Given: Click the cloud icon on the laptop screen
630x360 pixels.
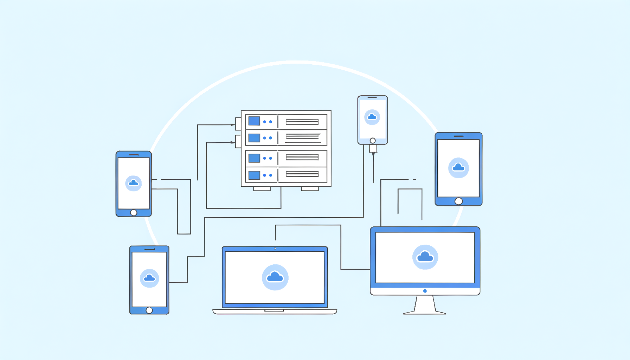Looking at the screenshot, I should tap(275, 277).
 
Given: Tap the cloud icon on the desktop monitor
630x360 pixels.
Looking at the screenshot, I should tap(425, 257).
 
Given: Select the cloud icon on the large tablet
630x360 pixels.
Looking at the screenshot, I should tap(458, 168).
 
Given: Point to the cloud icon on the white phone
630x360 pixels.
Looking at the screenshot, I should tap(372, 117).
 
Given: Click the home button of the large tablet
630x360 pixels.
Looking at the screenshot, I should tap(458, 201).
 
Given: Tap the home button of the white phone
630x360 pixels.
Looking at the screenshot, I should tap(373, 141).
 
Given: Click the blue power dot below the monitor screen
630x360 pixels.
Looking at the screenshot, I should tap(425, 291).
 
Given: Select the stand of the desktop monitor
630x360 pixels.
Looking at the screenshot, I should tap(425, 305).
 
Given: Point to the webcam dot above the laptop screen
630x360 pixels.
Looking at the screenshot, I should tap(275, 249).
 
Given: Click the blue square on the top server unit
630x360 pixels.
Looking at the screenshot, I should tap(254, 121).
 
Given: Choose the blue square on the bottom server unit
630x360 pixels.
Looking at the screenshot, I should tap(254, 175).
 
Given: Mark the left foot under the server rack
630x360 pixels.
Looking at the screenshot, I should tap(262, 189).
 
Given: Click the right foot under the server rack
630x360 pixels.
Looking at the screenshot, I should tap(310, 189).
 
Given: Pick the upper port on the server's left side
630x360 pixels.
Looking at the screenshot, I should tap(238, 124).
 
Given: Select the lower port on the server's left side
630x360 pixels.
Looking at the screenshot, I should tap(238, 141).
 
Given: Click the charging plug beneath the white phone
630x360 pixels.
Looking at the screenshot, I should tap(373, 149).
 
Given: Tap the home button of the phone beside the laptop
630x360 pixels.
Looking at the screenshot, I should tap(149, 310).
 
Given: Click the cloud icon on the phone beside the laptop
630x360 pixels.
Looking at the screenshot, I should tap(149, 278).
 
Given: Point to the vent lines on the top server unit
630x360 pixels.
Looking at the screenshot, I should tap(302, 122).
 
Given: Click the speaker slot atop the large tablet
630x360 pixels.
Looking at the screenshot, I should tap(458, 136).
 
